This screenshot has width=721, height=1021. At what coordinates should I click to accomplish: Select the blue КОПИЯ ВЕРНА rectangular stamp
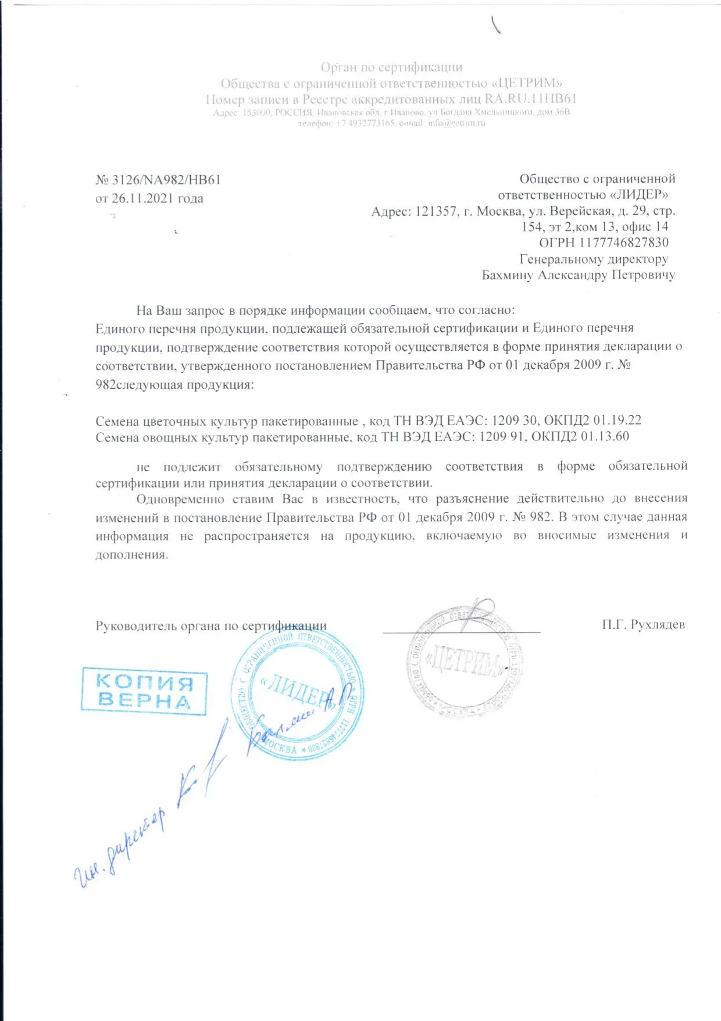tap(144, 691)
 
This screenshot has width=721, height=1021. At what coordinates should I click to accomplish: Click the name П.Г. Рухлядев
tap(643, 625)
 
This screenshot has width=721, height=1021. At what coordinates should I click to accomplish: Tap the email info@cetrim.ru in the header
tap(456, 123)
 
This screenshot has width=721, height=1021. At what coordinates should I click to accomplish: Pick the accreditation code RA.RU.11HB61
tap(530, 99)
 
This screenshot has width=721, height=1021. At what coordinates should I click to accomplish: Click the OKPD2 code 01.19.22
tap(617, 420)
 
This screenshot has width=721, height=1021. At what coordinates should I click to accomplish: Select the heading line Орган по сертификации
tap(391, 67)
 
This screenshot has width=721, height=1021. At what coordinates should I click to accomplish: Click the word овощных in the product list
tap(170, 437)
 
